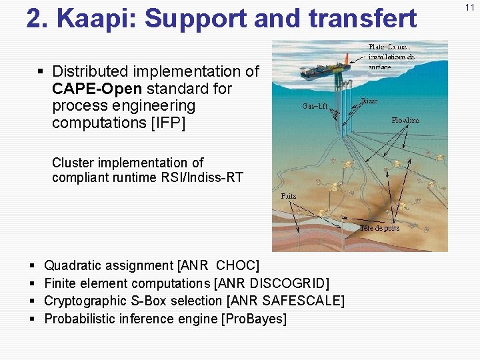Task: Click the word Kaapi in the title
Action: click(x=96, y=19)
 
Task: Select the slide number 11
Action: click(x=470, y=7)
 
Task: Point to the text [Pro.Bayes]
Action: click(x=253, y=319)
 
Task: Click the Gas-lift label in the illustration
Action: click(x=315, y=106)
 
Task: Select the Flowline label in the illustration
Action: click(x=405, y=121)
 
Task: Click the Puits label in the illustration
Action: click(x=289, y=196)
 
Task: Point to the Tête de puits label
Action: click(x=380, y=227)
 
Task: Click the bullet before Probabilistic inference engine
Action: click(x=33, y=319)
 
